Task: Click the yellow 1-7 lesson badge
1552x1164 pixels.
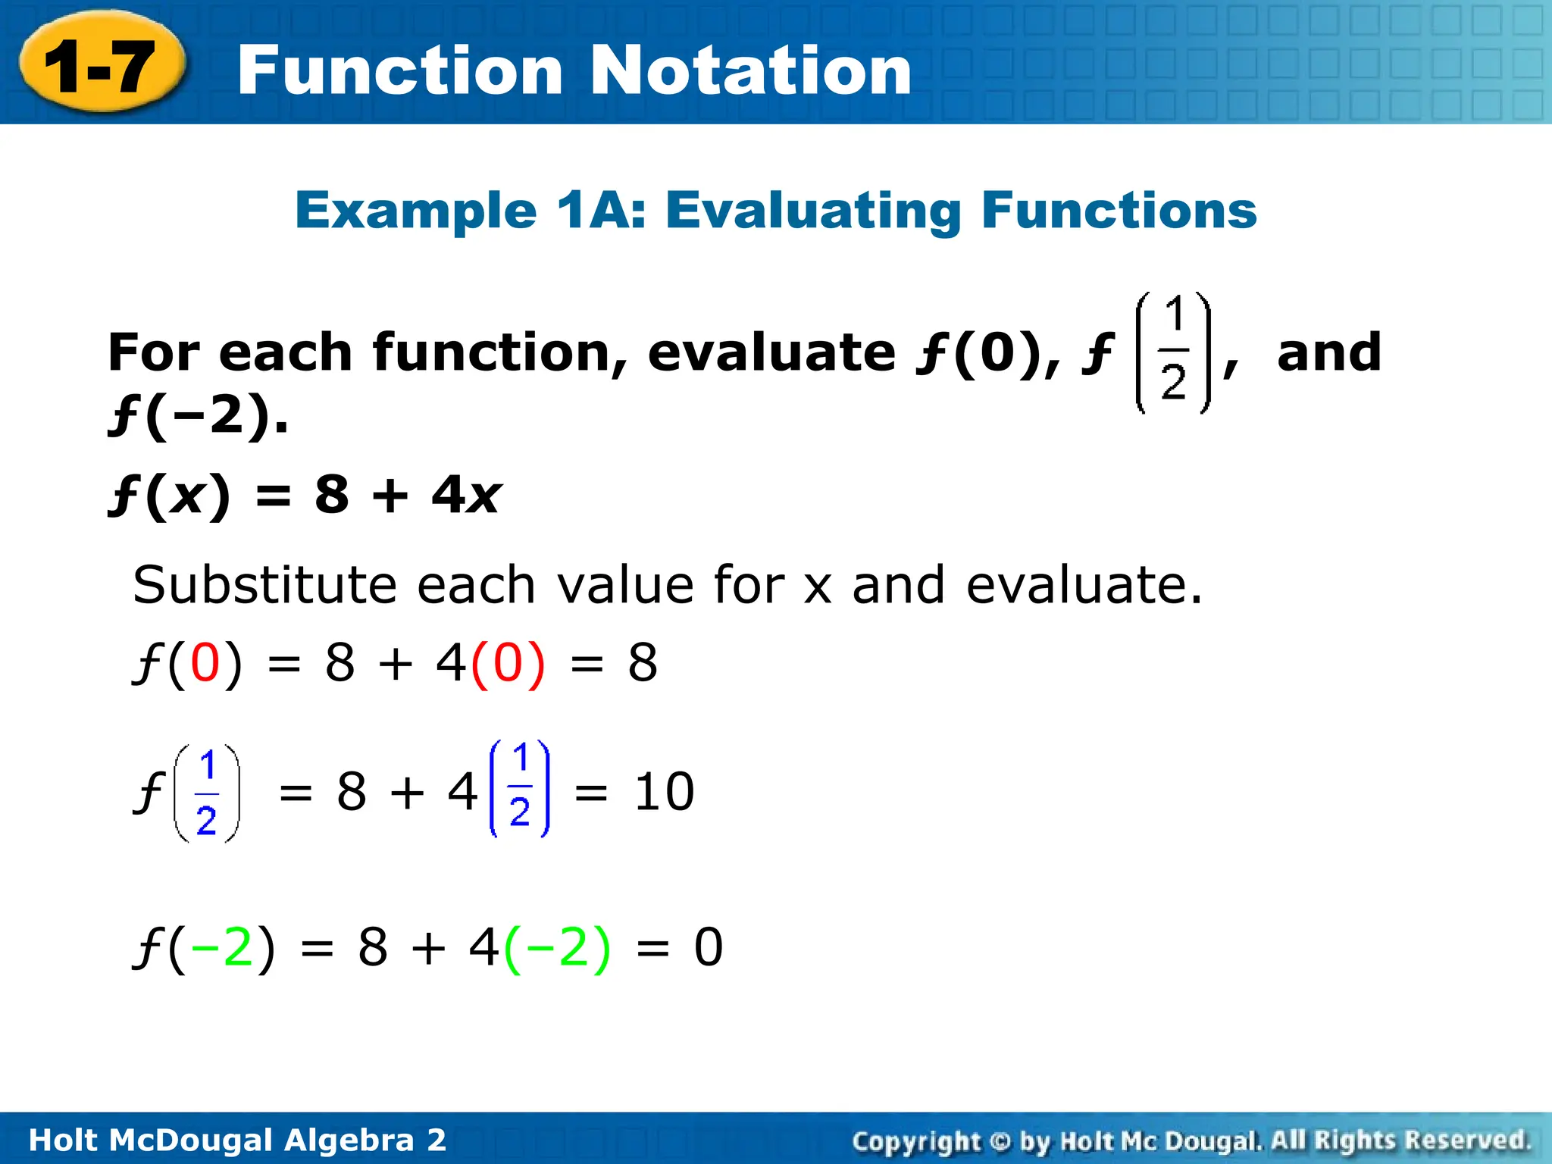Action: coord(101,67)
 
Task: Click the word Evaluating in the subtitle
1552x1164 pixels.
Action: coord(813,211)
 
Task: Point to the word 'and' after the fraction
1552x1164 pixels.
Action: coord(1329,352)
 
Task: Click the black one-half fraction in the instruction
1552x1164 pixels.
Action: coord(1173,352)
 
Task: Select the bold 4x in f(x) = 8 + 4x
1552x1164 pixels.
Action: coord(465,495)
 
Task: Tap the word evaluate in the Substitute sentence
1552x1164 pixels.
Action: coord(1084,585)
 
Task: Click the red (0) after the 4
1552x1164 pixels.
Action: coord(508,663)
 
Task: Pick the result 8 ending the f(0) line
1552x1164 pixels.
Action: coord(642,663)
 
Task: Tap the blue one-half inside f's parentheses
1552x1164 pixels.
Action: coord(207,793)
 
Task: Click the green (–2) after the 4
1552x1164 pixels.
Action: coord(557,947)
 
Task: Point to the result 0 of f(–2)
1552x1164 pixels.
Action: coord(709,947)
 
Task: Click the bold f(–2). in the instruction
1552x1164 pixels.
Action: coord(199,415)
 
